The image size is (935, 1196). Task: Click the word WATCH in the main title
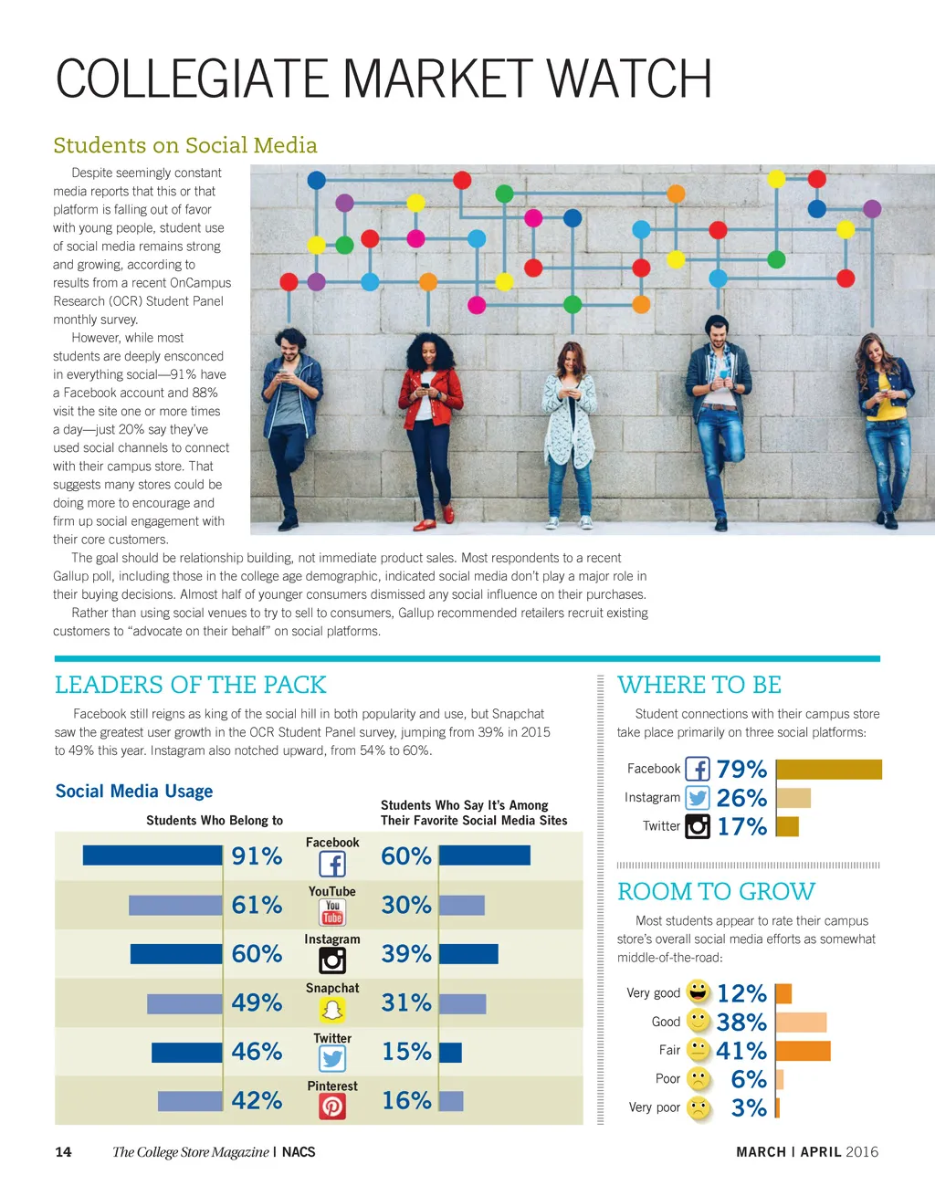click(629, 79)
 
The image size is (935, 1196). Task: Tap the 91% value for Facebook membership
click(257, 856)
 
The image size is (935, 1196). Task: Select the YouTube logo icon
click(332, 912)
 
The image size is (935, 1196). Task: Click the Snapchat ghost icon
click(332, 1010)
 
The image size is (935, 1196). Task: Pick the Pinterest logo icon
click(332, 1107)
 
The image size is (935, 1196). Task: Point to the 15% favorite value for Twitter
click(406, 1052)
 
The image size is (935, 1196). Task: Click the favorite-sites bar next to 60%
click(484, 855)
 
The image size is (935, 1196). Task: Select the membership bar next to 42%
click(190, 1101)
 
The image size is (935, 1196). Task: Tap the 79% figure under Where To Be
click(741, 770)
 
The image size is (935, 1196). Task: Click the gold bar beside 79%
click(829, 770)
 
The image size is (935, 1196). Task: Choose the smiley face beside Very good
click(699, 991)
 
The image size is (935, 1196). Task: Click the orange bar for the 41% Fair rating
click(804, 1051)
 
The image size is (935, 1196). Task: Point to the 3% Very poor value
click(749, 1108)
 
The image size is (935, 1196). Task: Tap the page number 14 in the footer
click(63, 1152)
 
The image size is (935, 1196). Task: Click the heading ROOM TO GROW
click(716, 891)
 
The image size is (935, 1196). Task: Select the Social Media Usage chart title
click(134, 792)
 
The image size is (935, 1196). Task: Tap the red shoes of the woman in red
click(436, 520)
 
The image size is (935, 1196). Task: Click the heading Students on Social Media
click(185, 146)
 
